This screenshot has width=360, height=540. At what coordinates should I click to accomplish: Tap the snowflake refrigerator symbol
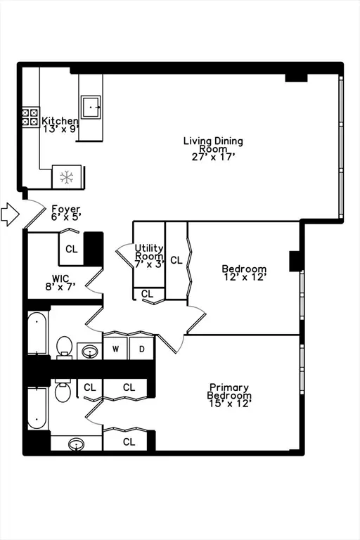pyautogui.click(x=67, y=177)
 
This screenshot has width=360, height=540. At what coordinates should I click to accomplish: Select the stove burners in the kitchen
pyautogui.click(x=30, y=117)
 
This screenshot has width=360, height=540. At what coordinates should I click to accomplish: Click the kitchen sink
pyautogui.click(x=90, y=107)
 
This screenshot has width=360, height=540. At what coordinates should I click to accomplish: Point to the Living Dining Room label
pyautogui.click(x=213, y=148)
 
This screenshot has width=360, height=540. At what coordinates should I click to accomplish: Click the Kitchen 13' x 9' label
pyautogui.click(x=59, y=126)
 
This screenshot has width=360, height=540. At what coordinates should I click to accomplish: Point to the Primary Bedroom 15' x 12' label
pyautogui.click(x=229, y=395)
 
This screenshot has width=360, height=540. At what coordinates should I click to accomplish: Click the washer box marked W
pyautogui.click(x=116, y=348)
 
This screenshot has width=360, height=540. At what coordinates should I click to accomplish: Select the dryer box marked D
pyautogui.click(x=141, y=348)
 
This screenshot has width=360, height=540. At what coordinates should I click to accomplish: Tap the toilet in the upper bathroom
pyautogui.click(x=64, y=347)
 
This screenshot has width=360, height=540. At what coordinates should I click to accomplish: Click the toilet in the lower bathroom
pyautogui.click(x=63, y=390)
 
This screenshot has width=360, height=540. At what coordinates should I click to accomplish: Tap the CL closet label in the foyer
pyautogui.click(x=72, y=249)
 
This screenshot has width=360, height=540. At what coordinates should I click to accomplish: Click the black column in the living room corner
pyautogui.click(x=296, y=75)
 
